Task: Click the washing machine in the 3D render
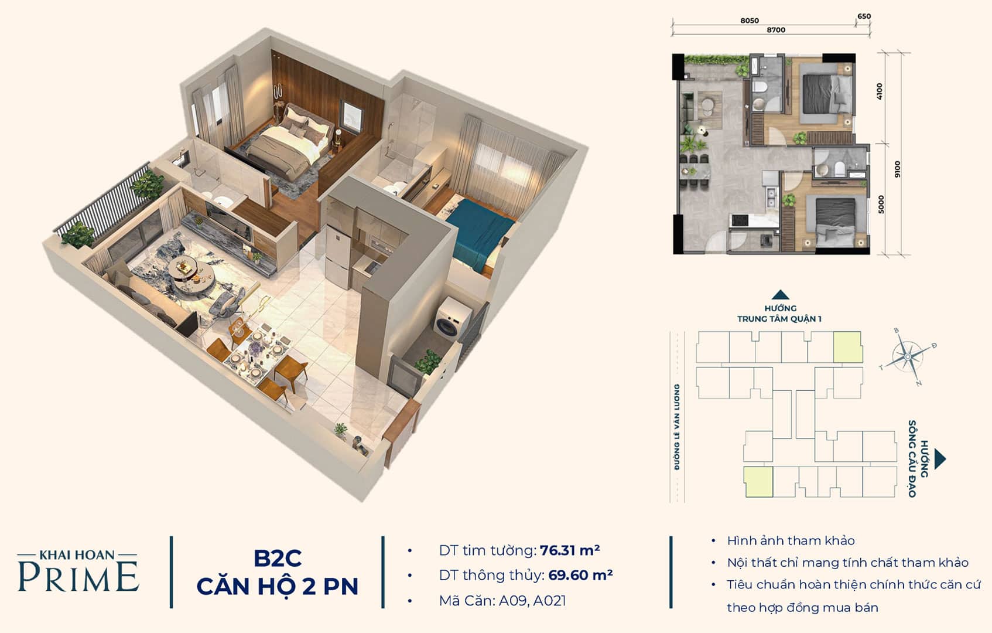tap(453, 318)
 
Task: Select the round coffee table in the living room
tap(192, 273)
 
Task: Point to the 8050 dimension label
tap(750, 21)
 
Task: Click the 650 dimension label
tap(864, 16)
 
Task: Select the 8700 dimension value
tap(776, 30)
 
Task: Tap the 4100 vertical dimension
tap(880, 91)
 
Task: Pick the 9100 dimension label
tap(897, 169)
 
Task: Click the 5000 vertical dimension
tap(881, 205)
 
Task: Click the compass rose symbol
tap(908, 357)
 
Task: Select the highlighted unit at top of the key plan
tap(847, 347)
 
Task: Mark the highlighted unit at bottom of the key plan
tap(758, 482)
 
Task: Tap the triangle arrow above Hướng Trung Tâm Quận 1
tap(780, 295)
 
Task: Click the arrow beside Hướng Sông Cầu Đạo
tap(940, 459)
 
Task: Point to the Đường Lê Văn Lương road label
tap(677, 427)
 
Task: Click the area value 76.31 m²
tap(570, 550)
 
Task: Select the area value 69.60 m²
tap(580, 575)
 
